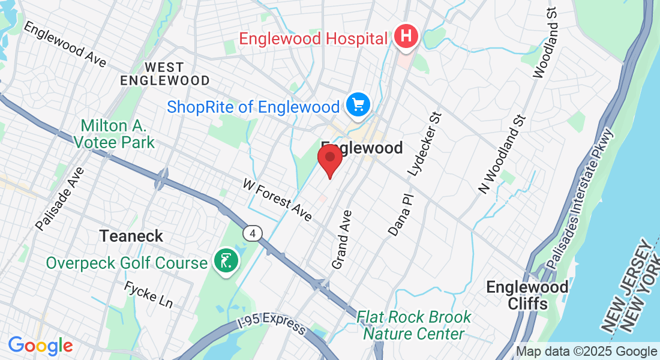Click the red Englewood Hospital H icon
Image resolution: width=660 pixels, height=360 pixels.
(406, 37)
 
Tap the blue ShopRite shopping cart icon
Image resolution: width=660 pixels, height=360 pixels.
(359, 106)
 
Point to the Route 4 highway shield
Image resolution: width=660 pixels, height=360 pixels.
(253, 233)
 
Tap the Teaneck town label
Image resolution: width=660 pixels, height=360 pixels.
(131, 236)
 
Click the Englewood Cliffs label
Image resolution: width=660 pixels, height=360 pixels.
(527, 295)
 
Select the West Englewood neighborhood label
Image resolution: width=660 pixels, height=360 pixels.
(164, 73)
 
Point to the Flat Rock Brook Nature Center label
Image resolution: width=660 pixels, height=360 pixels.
(414, 325)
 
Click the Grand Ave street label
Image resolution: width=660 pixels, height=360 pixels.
(341, 239)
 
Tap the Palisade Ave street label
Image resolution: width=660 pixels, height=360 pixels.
(61, 198)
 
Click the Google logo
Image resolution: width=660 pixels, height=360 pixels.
(40, 346)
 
